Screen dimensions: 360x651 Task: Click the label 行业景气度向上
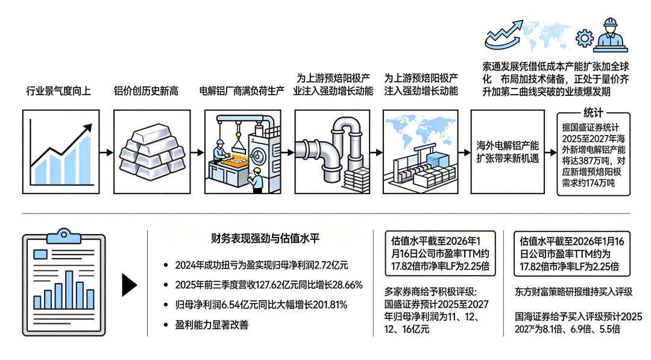[58, 92]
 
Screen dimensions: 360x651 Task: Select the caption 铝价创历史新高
[146, 92]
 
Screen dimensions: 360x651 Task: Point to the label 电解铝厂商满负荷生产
[242, 92]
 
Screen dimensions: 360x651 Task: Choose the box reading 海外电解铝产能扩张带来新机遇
[508, 151]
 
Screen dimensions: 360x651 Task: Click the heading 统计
[593, 113]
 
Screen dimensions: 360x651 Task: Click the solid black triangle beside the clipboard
[129, 286]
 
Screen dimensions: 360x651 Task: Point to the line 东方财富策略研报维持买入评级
[574, 292]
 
